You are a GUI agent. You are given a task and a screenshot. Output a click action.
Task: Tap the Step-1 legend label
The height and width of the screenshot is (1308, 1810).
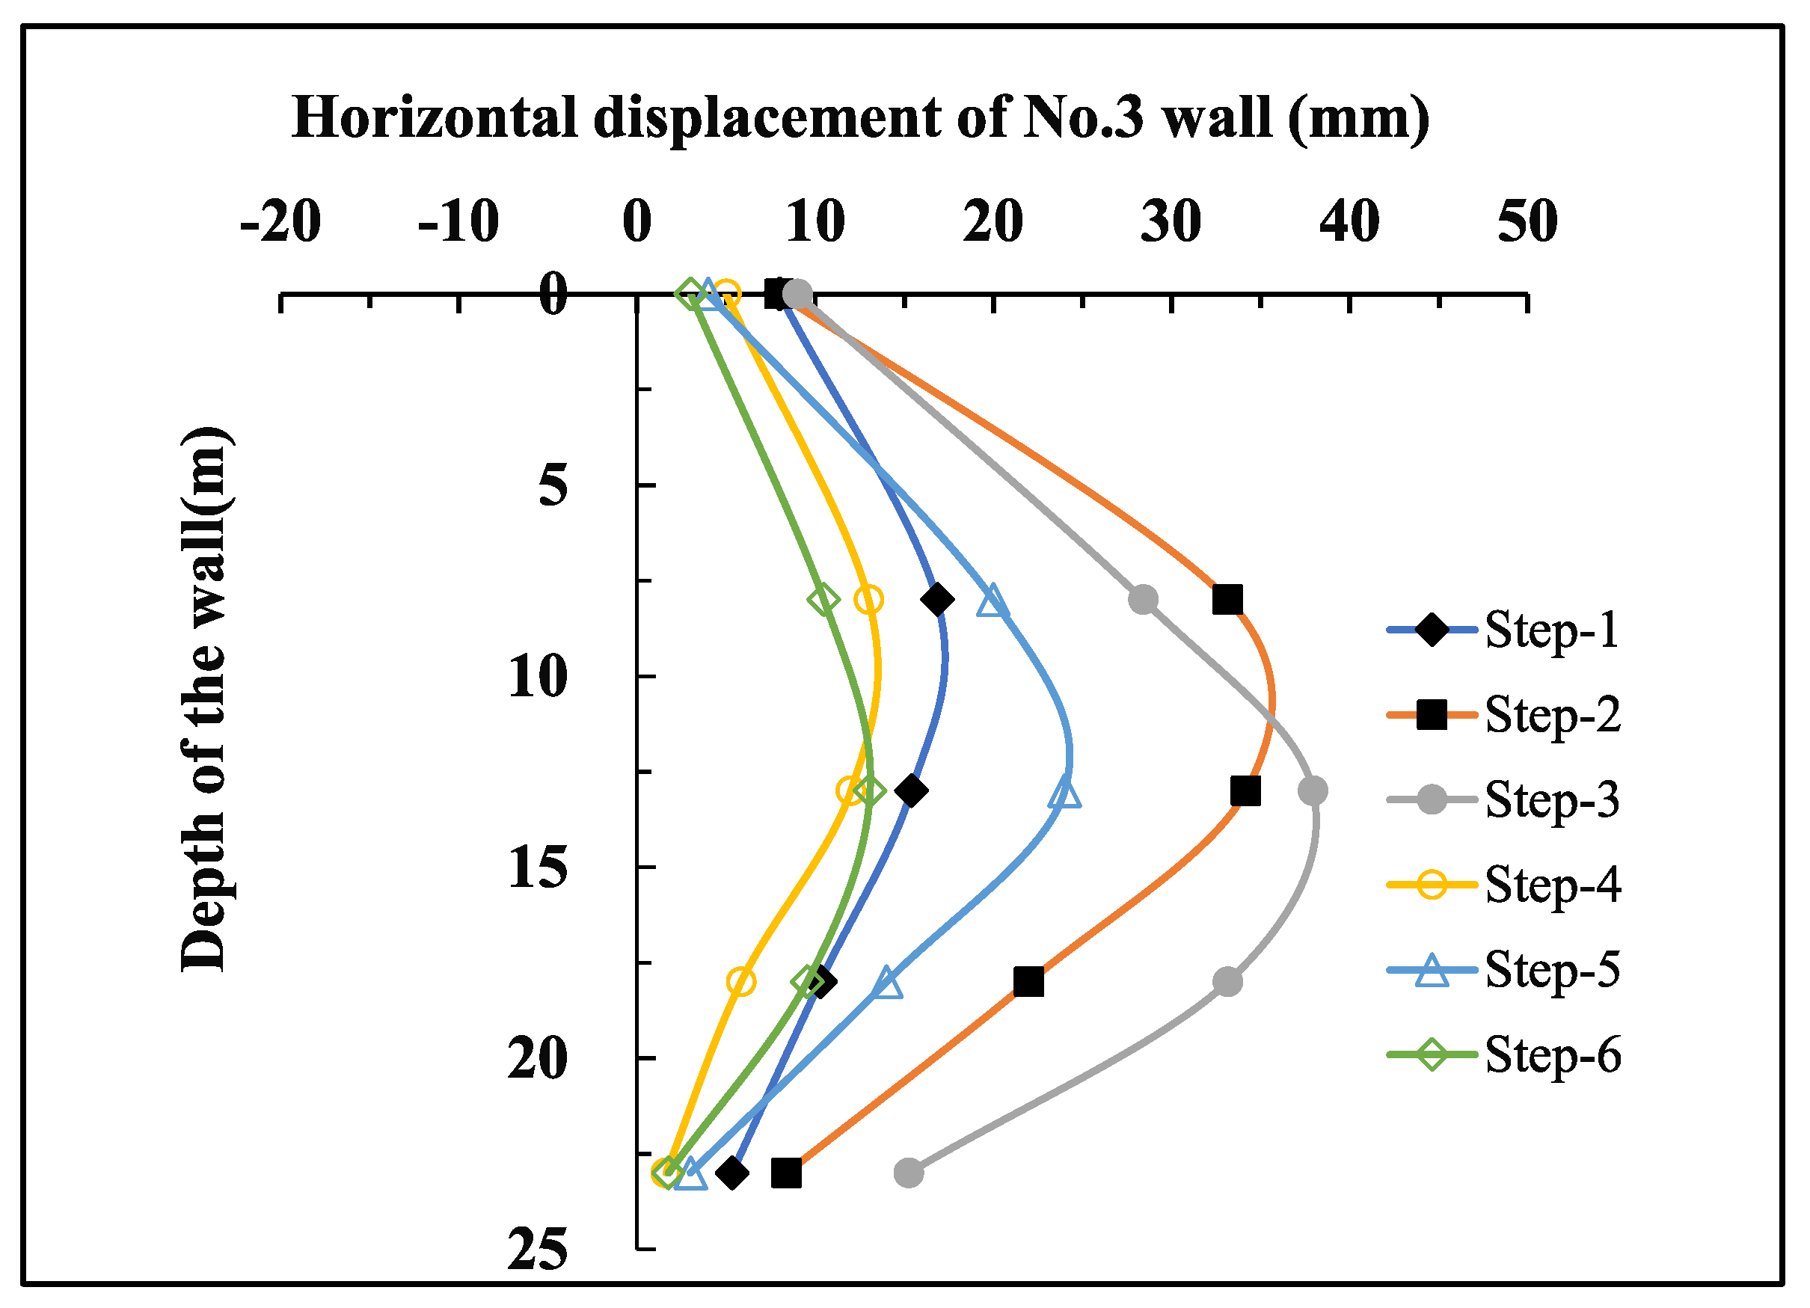coord(1551,630)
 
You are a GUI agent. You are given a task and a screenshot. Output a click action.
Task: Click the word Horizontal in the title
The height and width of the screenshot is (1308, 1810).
coord(434,117)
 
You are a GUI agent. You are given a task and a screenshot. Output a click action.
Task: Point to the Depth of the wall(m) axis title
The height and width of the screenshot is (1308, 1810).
coord(204,699)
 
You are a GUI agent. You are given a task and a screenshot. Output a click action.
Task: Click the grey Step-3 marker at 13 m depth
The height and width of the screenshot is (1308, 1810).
coord(1313,791)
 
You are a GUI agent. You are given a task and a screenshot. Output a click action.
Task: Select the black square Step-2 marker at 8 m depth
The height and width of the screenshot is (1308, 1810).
coord(1227,598)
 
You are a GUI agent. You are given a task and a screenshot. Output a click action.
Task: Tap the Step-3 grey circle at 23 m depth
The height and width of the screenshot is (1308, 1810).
coord(909,1173)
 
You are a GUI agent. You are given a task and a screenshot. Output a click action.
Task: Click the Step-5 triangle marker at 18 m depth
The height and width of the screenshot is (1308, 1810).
coord(886,983)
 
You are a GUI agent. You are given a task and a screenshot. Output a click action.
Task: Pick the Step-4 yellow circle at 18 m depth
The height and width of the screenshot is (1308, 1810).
coord(741,982)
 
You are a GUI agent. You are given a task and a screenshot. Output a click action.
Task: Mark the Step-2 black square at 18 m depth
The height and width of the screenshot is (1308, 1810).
coord(1028,982)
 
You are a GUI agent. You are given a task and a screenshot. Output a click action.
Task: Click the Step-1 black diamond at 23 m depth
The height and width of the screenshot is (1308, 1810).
coord(731,1173)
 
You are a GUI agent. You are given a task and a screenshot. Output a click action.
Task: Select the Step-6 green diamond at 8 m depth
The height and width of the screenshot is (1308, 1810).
coord(823,598)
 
